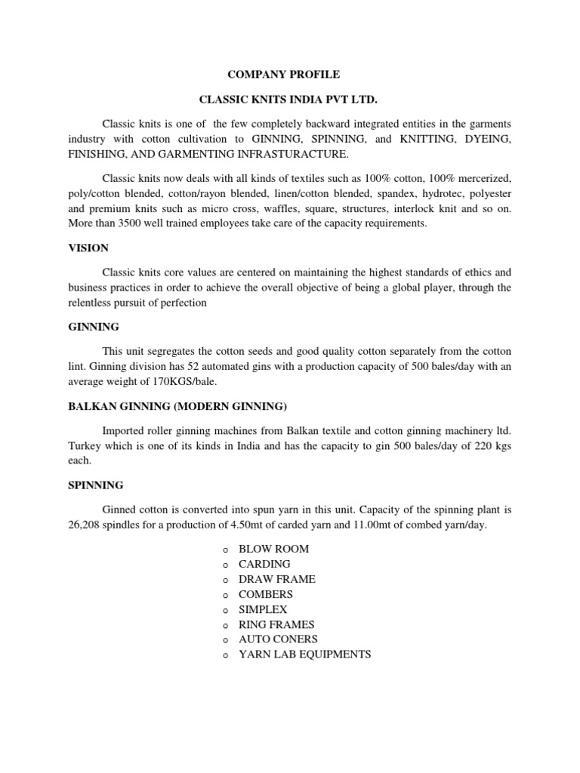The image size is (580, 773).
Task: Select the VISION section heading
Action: (88, 248)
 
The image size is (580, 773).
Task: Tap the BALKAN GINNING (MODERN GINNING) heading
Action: (177, 406)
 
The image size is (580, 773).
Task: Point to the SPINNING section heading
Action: (96, 485)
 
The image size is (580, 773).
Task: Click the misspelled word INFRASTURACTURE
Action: (294, 155)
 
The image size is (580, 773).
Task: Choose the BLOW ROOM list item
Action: (273, 549)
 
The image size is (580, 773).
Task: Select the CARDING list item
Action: (264, 564)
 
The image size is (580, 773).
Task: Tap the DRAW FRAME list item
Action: (276, 579)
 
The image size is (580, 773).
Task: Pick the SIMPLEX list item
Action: (263, 609)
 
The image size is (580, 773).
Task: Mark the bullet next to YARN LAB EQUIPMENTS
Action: (225, 655)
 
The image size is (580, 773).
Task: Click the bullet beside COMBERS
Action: (225, 595)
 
